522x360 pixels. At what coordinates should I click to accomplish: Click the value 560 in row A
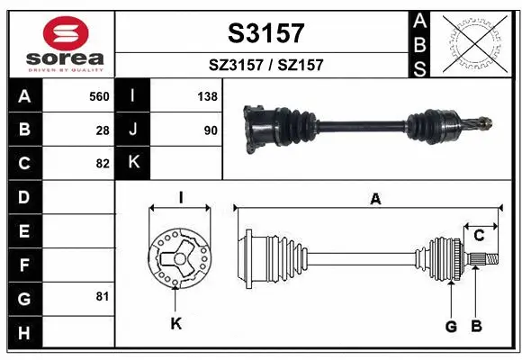tap(99, 96)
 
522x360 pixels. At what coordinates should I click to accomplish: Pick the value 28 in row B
tap(103, 130)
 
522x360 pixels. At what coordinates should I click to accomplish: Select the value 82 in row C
tap(103, 163)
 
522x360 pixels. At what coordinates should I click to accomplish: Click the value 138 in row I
tap(206, 96)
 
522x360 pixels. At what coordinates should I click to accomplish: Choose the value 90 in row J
tap(210, 130)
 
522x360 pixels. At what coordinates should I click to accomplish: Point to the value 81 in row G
tap(103, 296)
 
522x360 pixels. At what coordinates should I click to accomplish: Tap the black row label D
tap(23, 196)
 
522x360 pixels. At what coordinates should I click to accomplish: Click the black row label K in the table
tap(132, 163)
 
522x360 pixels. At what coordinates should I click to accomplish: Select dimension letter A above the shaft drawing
tap(375, 199)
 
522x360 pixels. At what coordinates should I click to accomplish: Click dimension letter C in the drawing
tap(480, 235)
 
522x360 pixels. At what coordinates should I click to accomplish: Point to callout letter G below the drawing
tap(451, 326)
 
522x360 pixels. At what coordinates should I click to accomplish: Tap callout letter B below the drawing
tap(477, 326)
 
